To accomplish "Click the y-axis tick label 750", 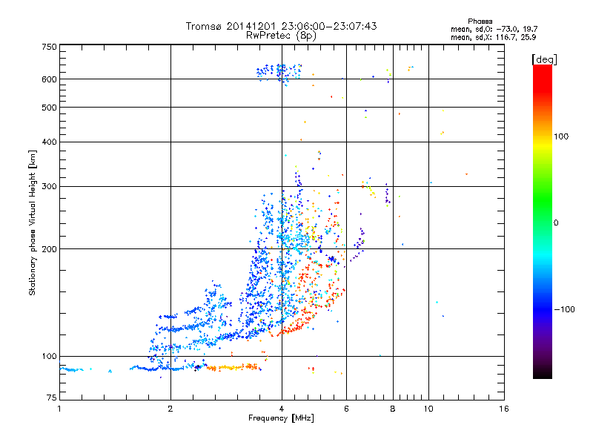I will (49, 47).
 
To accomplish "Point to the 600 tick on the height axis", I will (49, 79).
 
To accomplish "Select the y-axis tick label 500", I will (49, 108).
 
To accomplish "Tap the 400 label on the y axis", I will (49, 142).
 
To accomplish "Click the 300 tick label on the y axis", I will (49, 186).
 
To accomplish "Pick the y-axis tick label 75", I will (51, 400).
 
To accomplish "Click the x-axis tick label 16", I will (504, 409).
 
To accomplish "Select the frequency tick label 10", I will (428, 409).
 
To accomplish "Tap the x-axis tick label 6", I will (347, 409).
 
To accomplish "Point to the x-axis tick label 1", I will (59, 409).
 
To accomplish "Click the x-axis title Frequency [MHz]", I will (281, 418).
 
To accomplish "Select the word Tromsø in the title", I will (207, 26).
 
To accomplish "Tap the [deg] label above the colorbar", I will (545, 59).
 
